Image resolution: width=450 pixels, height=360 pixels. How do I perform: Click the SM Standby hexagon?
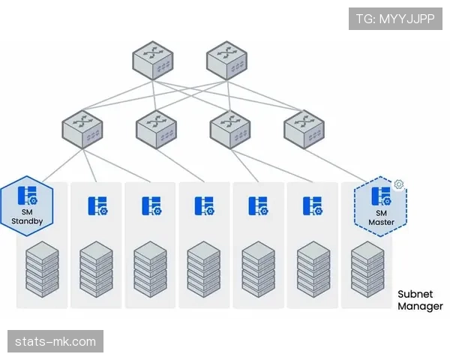[x=28, y=205]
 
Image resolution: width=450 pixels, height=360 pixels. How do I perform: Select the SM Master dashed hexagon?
[x=380, y=205]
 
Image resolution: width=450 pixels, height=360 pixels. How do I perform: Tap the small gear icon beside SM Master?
[x=399, y=184]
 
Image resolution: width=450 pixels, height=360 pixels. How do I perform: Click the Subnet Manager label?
[x=420, y=300]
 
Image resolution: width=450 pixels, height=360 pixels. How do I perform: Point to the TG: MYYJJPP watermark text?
[x=395, y=19]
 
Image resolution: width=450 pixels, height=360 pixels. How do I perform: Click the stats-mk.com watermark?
[x=56, y=342]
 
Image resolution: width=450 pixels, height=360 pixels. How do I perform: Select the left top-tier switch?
[x=153, y=58]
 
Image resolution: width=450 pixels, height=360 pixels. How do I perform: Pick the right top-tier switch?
[x=226, y=58]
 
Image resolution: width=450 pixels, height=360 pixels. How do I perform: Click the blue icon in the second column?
[x=97, y=205]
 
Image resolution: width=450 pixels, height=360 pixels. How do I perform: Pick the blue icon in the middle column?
[x=205, y=205]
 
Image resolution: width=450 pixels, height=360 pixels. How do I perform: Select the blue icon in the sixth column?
[x=313, y=205]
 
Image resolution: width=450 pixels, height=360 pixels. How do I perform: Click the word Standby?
[x=28, y=220]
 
